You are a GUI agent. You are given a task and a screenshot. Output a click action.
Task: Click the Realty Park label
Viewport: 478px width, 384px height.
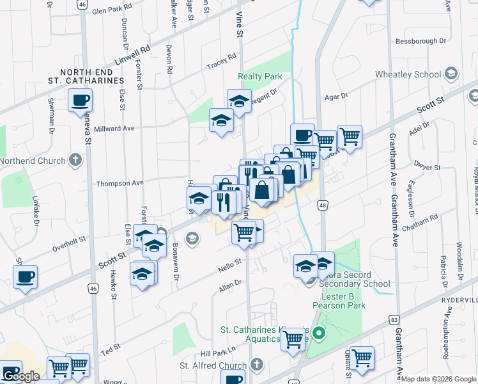(260, 76)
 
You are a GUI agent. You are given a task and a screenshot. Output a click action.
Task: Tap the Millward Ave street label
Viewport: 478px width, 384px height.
(114, 128)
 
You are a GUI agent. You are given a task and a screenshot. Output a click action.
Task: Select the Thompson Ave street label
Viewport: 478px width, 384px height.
(119, 183)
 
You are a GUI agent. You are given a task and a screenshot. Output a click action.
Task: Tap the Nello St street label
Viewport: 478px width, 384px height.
(229, 262)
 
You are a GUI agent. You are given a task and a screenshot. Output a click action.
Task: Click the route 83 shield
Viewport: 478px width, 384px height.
(394, 319)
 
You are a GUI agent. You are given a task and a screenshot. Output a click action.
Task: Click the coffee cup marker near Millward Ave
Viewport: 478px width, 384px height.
(81, 100)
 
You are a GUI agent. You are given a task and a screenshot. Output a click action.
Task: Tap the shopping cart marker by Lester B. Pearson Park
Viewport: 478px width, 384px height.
(294, 339)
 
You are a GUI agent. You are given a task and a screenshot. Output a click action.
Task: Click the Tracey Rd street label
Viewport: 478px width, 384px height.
(222, 66)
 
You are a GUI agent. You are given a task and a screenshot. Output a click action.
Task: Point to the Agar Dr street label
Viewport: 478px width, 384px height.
(335, 96)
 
